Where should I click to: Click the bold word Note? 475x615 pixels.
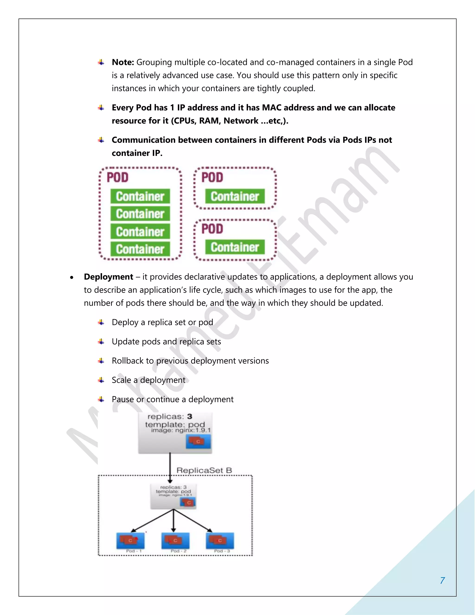point(123,62)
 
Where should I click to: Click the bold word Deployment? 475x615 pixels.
point(108,277)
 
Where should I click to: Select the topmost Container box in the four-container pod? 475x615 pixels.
point(140,196)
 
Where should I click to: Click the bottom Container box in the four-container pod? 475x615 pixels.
point(140,249)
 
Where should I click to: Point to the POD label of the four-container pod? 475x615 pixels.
point(118,177)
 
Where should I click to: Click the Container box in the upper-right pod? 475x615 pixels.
point(235,196)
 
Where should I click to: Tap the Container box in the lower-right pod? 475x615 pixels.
point(235,247)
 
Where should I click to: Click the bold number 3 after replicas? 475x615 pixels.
point(190,417)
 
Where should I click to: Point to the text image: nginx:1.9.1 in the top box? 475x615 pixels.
point(181,430)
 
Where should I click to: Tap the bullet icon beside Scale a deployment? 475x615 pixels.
point(101,380)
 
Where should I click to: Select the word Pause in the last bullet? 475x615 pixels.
point(123,399)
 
